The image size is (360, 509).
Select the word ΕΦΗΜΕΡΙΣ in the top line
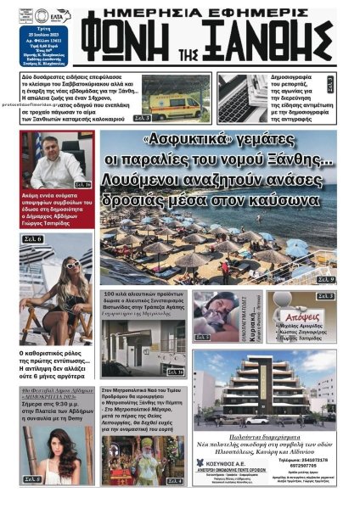pos(246,12)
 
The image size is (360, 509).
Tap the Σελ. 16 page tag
pos(82,184)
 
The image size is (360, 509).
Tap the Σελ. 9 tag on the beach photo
pos(325,279)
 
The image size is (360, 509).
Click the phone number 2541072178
pos(315,459)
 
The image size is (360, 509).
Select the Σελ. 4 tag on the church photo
pos(173,481)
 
